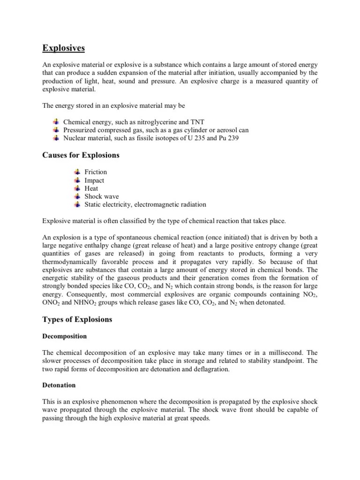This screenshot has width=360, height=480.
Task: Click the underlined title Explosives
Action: tap(64, 48)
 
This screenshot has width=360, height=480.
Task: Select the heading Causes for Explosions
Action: tap(81, 155)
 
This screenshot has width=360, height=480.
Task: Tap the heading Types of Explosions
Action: tap(77, 319)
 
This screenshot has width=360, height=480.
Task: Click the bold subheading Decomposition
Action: tap(65, 336)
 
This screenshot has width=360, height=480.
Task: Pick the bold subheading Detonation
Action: tap(59, 385)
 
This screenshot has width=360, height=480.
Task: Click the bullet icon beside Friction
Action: tap(78, 172)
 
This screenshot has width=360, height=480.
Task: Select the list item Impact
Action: tap(94, 180)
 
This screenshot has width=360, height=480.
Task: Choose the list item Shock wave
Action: tap(102, 196)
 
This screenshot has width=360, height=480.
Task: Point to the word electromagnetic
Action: tap(154, 204)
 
